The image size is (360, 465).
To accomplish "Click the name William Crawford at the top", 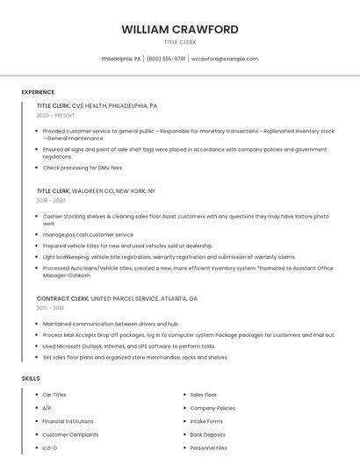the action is pyautogui.click(x=179, y=29).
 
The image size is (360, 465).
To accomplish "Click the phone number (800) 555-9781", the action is pyautogui.click(x=166, y=59).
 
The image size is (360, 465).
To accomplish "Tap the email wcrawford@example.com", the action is pyautogui.click(x=225, y=59).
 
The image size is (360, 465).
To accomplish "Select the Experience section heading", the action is pyautogui.click(x=38, y=92).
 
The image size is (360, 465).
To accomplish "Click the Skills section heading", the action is pyautogui.click(x=31, y=378).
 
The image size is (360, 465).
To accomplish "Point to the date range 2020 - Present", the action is pyautogui.click(x=55, y=115).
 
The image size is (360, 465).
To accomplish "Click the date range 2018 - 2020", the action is pyautogui.click(x=51, y=200).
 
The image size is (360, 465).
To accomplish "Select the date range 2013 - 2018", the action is pyautogui.click(x=50, y=308).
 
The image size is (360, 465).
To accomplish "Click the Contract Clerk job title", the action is pyautogui.click(x=62, y=298).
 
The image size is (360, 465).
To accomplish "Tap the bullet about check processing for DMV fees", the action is pyautogui.click(x=83, y=168).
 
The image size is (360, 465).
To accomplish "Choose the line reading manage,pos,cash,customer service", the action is pyautogui.click(x=88, y=234).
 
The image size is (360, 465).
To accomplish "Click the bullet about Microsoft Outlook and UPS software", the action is pyautogui.click(x=128, y=346).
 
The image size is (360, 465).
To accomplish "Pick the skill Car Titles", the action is pyautogui.click(x=54, y=395).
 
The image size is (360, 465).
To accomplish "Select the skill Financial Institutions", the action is pyautogui.click(x=68, y=421).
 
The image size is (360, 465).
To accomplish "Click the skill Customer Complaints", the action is pyautogui.click(x=70, y=434).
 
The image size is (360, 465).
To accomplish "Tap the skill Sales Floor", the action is pyautogui.click(x=203, y=395).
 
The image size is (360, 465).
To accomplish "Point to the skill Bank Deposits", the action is pyautogui.click(x=207, y=434).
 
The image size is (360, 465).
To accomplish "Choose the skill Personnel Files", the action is pyautogui.click(x=208, y=447).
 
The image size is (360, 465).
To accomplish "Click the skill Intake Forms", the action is pyautogui.click(x=206, y=421).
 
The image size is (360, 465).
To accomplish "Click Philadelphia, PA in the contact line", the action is pyautogui.click(x=121, y=59).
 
